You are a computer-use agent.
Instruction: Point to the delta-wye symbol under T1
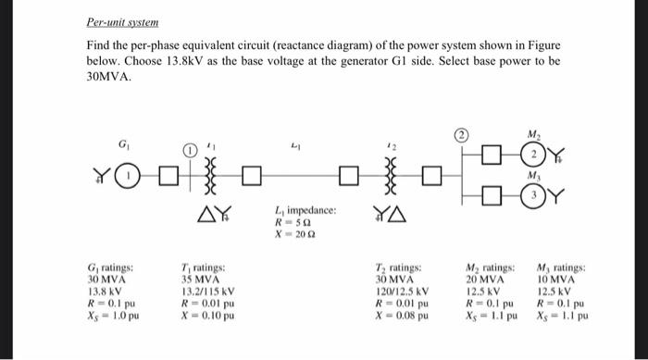(211, 216)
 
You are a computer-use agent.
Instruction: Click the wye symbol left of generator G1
(106, 172)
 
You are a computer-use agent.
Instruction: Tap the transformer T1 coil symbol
(212, 172)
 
